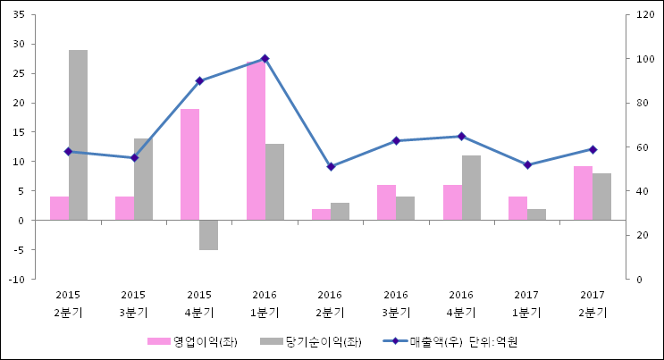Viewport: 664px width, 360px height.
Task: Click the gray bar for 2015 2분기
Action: (78, 135)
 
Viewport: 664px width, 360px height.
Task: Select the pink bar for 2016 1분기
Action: (256, 141)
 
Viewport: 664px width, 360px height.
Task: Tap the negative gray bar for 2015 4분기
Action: (208, 235)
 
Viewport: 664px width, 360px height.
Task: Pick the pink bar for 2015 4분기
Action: (189, 164)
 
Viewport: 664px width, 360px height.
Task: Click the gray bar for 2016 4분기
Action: (471, 188)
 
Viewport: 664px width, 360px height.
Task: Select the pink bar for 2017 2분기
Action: (583, 193)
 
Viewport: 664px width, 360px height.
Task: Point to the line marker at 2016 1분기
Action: (265, 59)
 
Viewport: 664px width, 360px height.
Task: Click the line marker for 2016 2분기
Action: (331, 166)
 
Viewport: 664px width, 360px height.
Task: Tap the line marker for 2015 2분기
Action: (68, 152)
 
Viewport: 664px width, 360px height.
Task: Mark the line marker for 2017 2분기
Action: (593, 149)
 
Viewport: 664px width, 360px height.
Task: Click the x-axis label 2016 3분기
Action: (396, 304)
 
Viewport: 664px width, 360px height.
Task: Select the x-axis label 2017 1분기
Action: (526, 304)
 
